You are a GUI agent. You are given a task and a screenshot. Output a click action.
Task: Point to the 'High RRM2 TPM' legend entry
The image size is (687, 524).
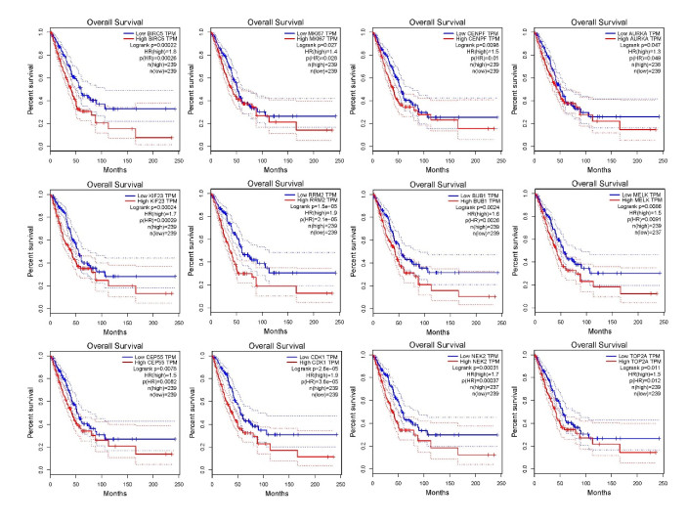pyautogui.click(x=315, y=200)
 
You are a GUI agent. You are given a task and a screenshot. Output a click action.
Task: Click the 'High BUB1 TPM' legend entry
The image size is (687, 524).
pyautogui.click(x=482, y=200)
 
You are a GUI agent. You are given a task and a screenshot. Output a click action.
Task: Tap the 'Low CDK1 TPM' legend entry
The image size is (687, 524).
pyautogui.click(x=315, y=357)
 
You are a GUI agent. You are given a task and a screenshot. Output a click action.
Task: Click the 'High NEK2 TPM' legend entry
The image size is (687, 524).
pyautogui.click(x=482, y=363)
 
